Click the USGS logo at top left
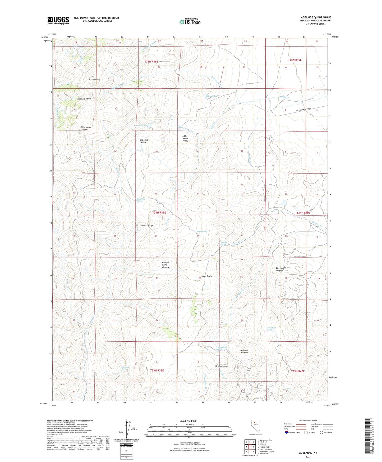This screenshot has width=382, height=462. (58, 20)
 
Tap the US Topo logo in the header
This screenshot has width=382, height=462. (190, 21)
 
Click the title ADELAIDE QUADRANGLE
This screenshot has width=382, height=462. (316, 17)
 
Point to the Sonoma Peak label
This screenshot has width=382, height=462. (95, 79)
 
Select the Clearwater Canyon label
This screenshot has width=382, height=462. (86, 128)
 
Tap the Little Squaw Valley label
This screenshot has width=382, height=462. (185, 138)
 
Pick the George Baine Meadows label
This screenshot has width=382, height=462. (166, 265)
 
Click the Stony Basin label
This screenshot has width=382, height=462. (206, 276)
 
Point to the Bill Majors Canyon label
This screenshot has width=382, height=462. (281, 269)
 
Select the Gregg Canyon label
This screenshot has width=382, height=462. (221, 366)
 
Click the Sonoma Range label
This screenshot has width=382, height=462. (146, 225)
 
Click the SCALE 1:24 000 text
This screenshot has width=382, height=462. (188, 421)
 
